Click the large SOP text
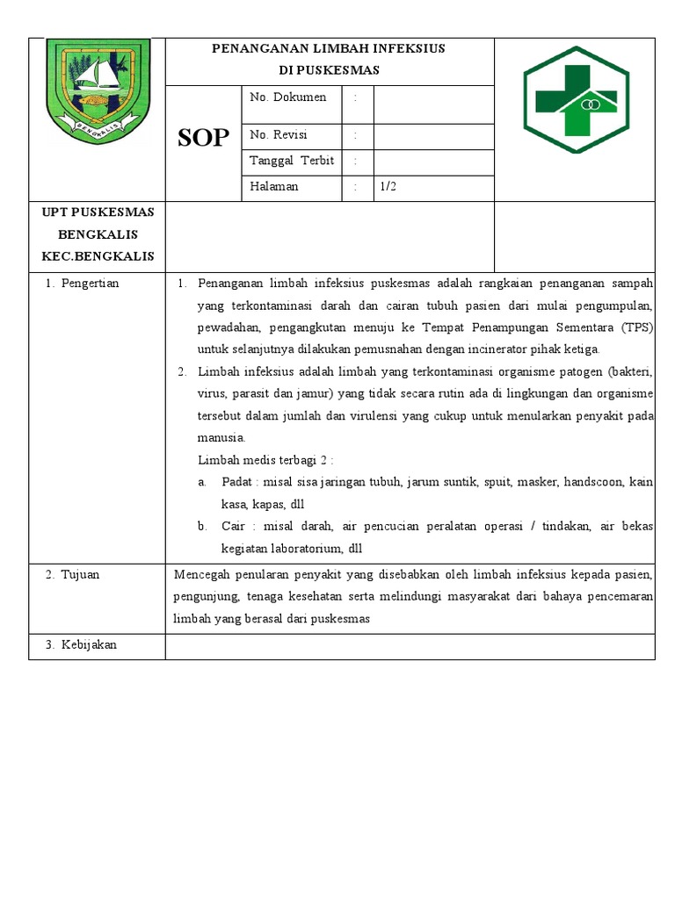203,138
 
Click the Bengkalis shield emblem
98,91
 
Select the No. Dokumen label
287,97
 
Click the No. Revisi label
279,135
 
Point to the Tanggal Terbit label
292,161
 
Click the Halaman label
274,186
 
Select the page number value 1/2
388,186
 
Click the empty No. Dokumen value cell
433,104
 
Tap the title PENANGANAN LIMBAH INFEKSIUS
329,48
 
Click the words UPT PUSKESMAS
98,212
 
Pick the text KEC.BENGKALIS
98,256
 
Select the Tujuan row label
80,574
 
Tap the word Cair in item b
234,526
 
